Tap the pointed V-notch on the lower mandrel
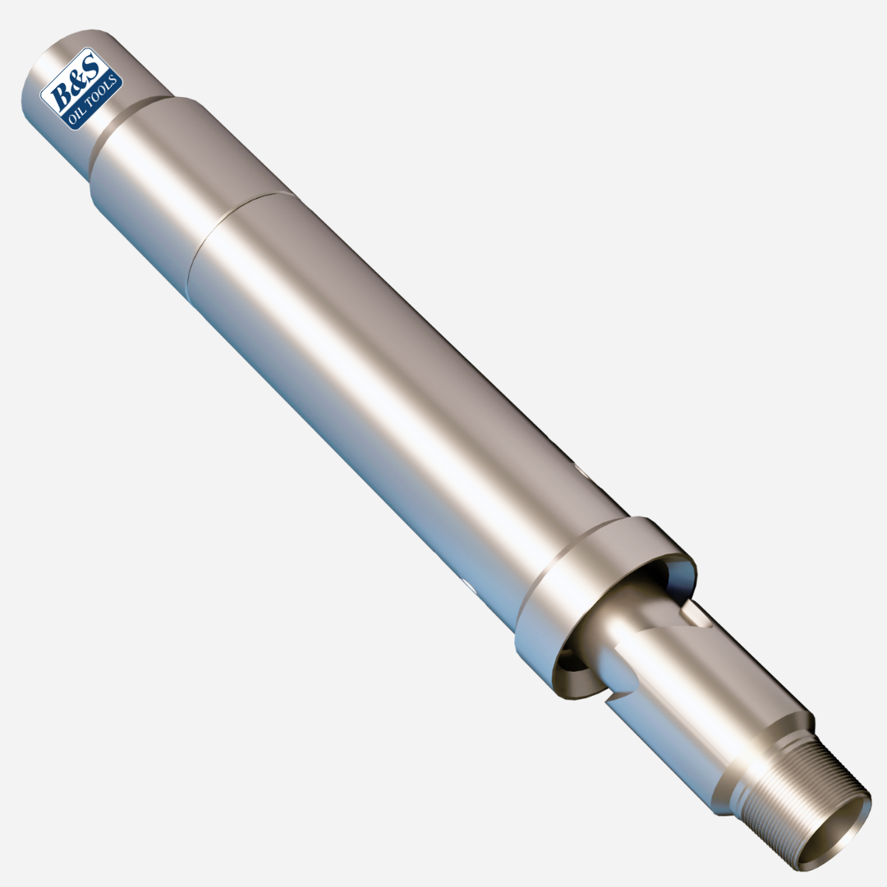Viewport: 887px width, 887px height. (x=612, y=700)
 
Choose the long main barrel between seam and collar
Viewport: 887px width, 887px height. (x=394, y=394)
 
